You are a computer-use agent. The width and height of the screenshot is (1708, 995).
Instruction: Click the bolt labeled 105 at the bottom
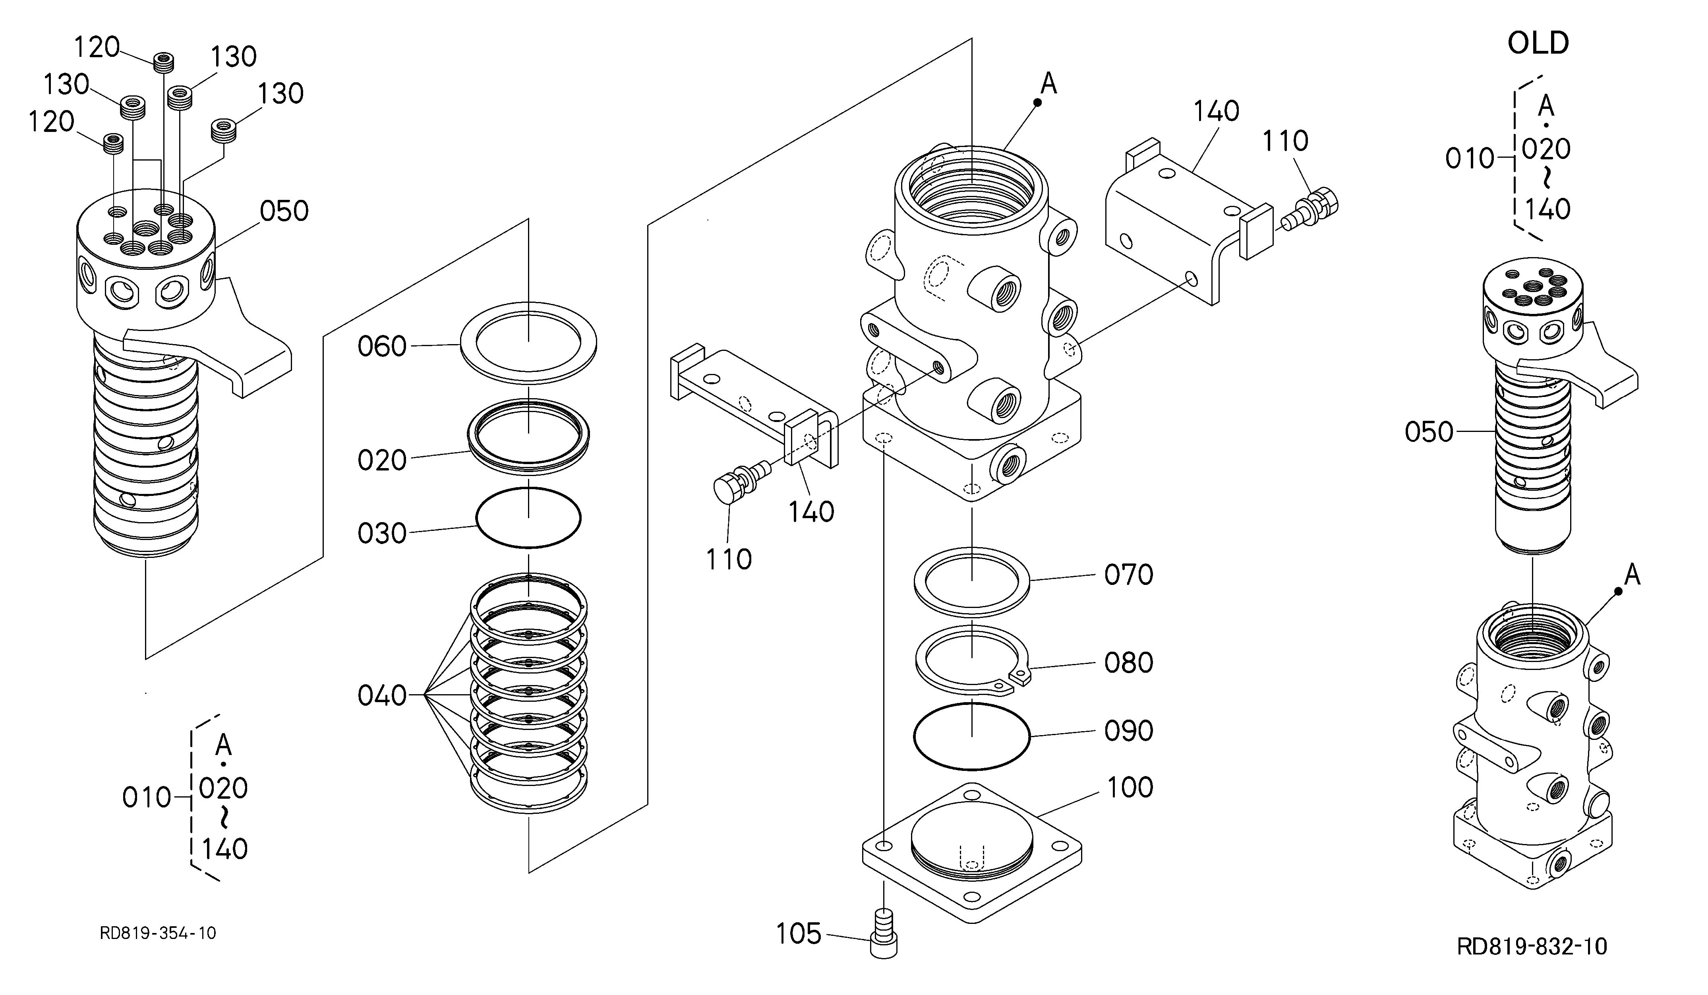[x=883, y=933]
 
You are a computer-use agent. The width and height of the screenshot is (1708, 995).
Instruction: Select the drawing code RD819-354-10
[x=158, y=933]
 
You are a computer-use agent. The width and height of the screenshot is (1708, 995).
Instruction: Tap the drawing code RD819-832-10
[x=1532, y=946]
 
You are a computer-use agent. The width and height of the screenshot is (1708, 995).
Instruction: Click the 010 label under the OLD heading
[x=1470, y=159]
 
